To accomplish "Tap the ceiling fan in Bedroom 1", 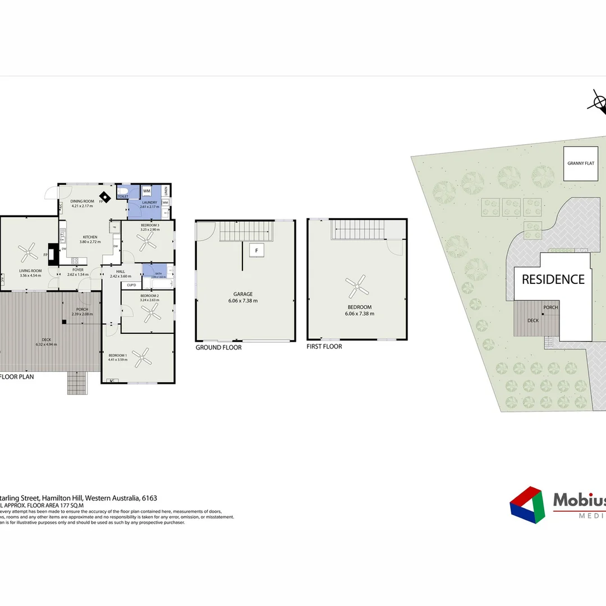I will click(x=143, y=356).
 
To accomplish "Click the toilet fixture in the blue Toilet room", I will click(x=124, y=192).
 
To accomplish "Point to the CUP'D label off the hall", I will click(x=131, y=285).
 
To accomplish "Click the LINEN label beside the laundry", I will click(x=166, y=191).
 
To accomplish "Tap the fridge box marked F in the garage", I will click(x=256, y=251).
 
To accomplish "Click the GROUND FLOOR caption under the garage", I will click(x=218, y=347).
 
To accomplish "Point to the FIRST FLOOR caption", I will click(x=324, y=347).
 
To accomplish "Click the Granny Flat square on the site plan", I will click(x=581, y=163).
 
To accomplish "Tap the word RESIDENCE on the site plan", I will click(x=553, y=279).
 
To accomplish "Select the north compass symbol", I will click(x=599, y=103).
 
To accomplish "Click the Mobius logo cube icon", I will click(x=527, y=505).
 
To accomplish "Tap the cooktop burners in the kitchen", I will click(x=74, y=259).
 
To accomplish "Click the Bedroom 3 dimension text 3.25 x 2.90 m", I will click(x=150, y=229).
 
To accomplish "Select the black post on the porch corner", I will click(x=65, y=322).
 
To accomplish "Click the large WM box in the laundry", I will click(x=146, y=191).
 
